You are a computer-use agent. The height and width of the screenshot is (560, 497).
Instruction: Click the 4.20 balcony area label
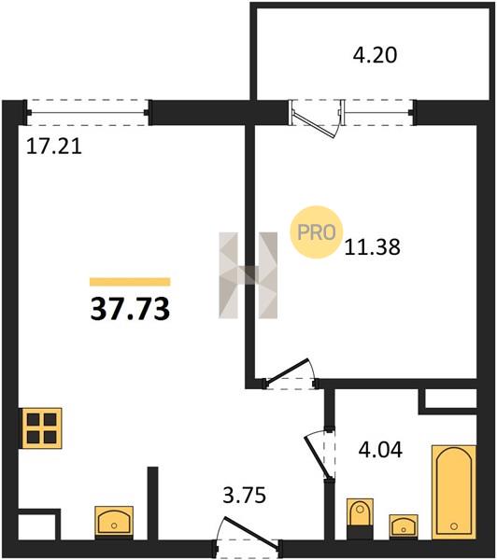[375, 55]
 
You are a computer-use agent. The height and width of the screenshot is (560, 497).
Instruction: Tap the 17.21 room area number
[54, 147]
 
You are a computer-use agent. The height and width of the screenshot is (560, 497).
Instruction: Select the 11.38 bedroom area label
[372, 247]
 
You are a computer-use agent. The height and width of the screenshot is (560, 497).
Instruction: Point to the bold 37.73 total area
[130, 309]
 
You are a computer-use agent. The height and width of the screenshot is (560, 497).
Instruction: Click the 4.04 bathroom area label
[380, 449]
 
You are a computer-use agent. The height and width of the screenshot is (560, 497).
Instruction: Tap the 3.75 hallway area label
[245, 496]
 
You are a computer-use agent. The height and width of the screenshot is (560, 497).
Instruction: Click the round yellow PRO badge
[317, 232]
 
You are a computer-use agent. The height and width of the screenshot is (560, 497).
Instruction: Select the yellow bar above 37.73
[130, 282]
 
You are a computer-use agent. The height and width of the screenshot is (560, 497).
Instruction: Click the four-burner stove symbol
[42, 428]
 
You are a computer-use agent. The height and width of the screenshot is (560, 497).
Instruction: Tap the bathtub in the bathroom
[454, 492]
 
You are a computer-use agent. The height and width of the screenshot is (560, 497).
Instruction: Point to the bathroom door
[319, 455]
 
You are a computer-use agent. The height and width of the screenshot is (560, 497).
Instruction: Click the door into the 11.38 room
[290, 373]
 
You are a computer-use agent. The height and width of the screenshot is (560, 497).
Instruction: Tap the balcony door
[317, 119]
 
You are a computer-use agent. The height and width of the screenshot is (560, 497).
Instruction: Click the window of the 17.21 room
[88, 113]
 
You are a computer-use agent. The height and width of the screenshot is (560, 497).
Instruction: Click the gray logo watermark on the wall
[248, 275]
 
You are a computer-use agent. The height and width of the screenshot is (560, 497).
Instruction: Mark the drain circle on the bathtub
[454, 526]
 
